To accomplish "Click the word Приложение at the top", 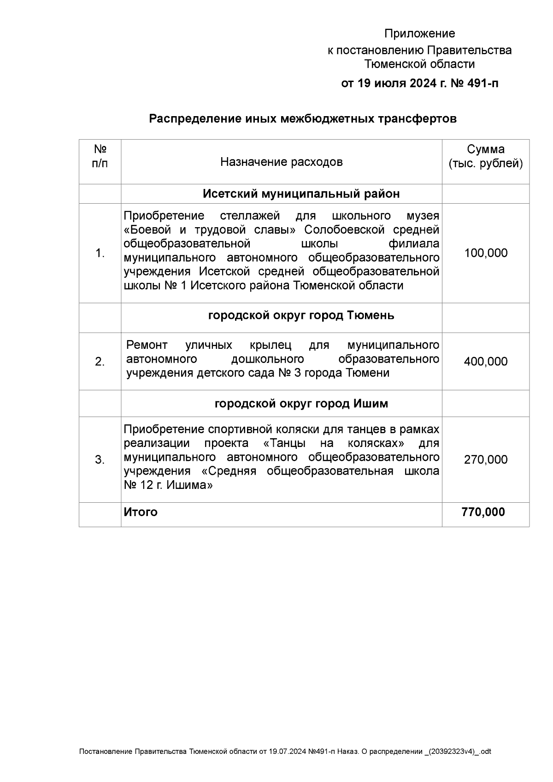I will point(419,34).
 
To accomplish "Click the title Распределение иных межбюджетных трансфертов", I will point(302,119).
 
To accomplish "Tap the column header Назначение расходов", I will point(281,162).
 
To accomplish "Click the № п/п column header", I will point(100,156).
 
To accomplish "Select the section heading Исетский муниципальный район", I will point(301,194).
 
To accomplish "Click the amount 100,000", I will point(486,253).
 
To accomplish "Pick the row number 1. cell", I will point(100,253).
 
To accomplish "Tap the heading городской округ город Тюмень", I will point(301,316).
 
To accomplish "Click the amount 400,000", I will point(486,361).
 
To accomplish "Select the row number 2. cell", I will point(100,362).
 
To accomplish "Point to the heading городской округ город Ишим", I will point(301,404).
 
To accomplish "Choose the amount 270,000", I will point(486,459).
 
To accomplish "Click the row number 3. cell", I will point(100,459).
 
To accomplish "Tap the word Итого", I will point(141,512).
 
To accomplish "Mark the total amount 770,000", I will point(483,512).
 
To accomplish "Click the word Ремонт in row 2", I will point(147,345).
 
